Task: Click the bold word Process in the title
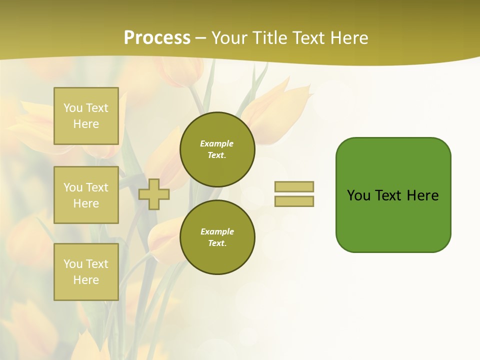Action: point(157,38)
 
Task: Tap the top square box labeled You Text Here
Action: point(86,116)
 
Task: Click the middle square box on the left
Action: point(86,195)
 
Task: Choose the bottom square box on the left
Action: point(86,272)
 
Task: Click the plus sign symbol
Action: point(153,194)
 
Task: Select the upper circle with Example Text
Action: point(217,149)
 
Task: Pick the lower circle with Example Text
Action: point(217,237)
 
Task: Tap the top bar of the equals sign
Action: point(294,186)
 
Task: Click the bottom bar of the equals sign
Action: point(294,201)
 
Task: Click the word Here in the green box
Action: point(422,195)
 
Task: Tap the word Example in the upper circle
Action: point(216,143)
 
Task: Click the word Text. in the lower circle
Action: point(217,243)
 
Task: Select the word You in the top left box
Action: point(72,108)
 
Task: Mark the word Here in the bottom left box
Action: point(86,280)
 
